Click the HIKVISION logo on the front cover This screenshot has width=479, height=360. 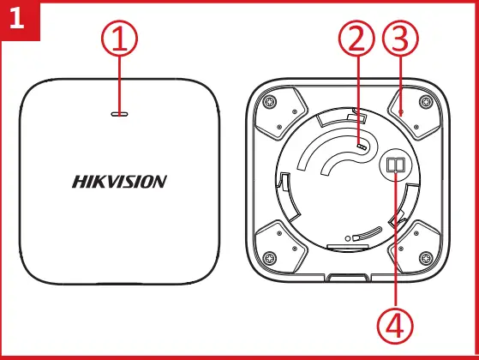(119, 182)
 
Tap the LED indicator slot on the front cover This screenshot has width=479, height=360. (121, 111)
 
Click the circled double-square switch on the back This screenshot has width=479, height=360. (394, 165)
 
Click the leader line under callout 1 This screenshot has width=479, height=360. (121, 81)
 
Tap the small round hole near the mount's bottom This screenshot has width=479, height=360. (347, 237)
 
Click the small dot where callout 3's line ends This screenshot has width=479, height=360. (401, 111)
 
